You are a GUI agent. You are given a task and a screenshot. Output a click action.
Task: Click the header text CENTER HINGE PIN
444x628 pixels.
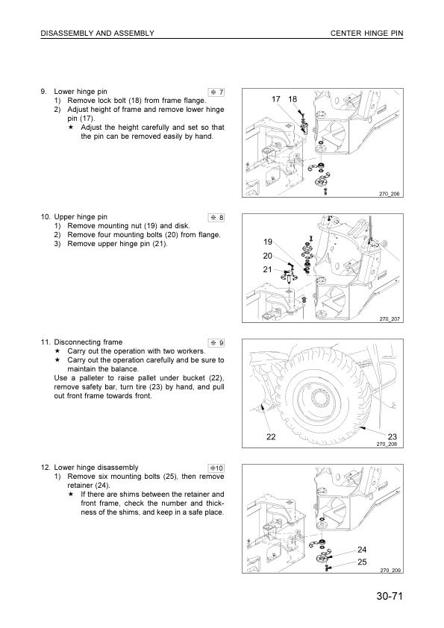366,34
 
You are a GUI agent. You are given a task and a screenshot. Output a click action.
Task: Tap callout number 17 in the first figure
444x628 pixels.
276,99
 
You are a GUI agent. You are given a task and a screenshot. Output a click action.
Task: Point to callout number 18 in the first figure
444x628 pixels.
293,99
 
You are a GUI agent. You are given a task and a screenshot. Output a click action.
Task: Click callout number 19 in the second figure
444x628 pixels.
269,242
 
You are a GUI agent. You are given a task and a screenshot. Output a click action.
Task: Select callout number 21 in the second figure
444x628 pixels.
269,269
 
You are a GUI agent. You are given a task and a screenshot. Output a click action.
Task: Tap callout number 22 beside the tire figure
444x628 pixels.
269,436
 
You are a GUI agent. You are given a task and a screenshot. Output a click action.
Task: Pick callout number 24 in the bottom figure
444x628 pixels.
362,550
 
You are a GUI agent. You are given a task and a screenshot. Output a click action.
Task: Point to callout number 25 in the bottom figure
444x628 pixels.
362,562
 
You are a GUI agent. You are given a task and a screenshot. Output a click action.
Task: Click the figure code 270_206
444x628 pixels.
390,195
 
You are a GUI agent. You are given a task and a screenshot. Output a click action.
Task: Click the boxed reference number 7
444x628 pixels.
217,92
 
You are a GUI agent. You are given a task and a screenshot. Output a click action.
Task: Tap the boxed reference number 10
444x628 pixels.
217,468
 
